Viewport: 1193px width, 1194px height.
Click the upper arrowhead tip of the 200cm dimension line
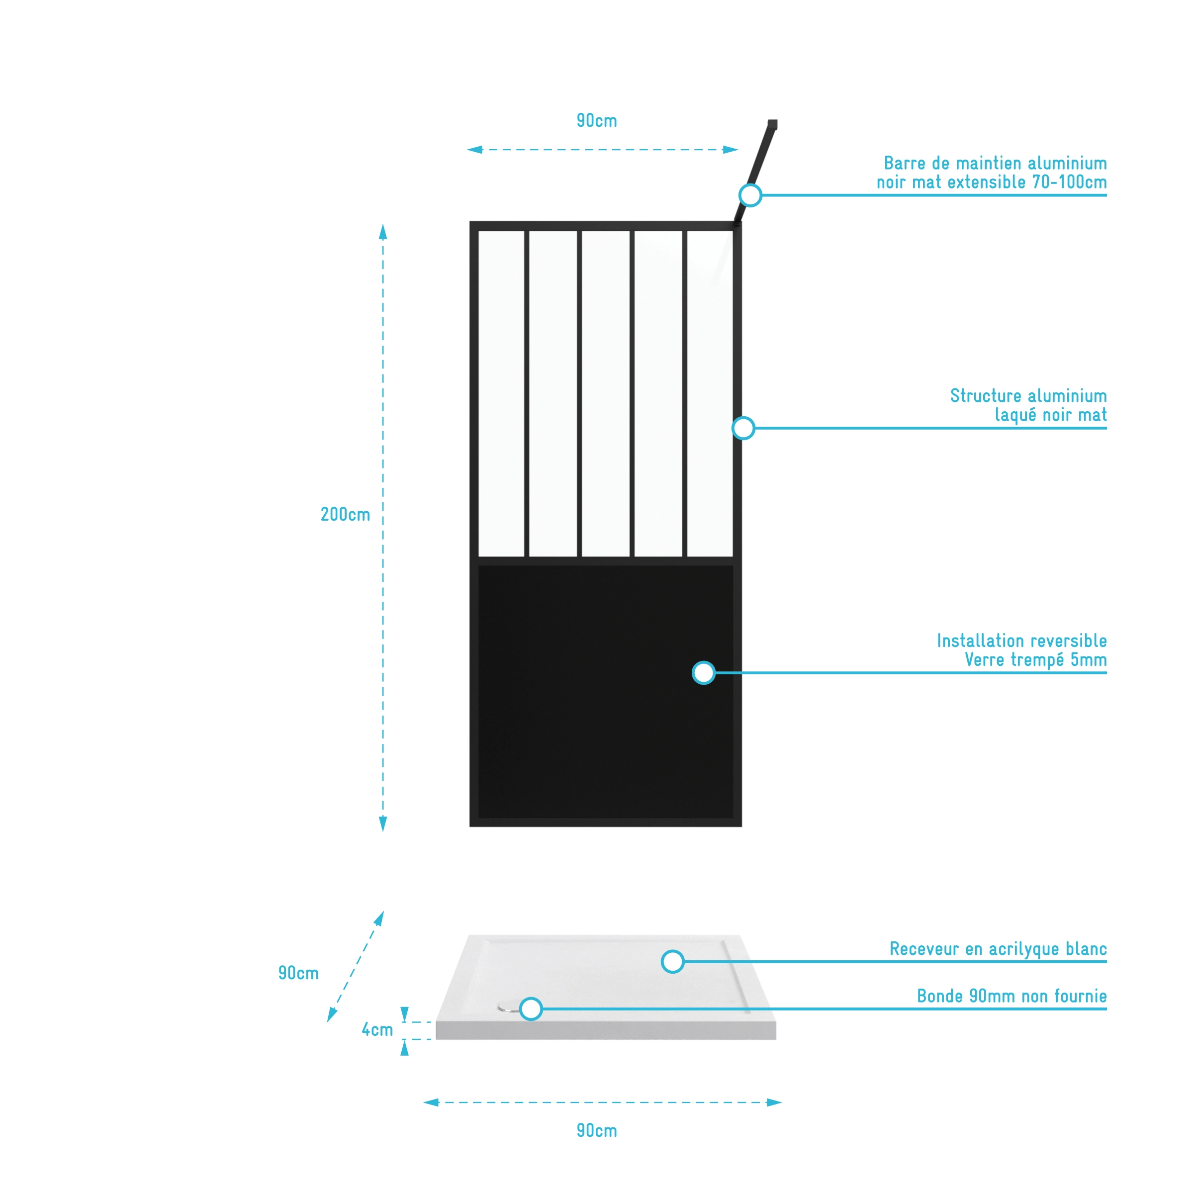point(382,224)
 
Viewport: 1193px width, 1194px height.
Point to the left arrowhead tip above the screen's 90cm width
point(466,150)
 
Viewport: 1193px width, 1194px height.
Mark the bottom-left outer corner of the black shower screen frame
point(470,827)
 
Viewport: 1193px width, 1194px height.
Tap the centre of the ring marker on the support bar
point(750,195)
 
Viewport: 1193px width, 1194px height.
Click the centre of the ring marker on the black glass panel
point(704,672)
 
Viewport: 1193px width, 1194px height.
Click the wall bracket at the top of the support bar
point(772,124)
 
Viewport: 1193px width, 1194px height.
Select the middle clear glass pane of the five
point(605,394)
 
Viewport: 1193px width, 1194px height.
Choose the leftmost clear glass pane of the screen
point(501,394)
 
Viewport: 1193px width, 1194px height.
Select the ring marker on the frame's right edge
point(743,428)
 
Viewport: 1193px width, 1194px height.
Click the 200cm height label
point(345,514)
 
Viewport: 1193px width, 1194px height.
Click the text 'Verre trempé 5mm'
point(1035,659)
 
